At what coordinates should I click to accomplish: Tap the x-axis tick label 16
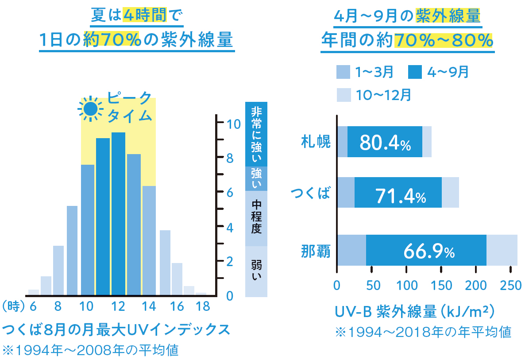coord(177,306)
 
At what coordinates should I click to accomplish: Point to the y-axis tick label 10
coord(233,124)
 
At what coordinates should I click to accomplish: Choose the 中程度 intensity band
coord(256,217)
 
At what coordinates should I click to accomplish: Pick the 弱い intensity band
coord(256,270)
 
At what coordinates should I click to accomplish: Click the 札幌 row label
coord(316,142)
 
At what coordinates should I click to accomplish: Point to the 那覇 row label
coord(316,251)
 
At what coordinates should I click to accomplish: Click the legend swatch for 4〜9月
coord(415,72)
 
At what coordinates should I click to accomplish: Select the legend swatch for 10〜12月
coord(344,94)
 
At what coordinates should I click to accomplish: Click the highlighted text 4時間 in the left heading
coord(144,16)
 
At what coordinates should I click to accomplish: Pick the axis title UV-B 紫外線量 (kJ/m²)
coord(414,312)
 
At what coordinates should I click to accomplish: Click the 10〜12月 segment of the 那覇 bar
coord(502,250)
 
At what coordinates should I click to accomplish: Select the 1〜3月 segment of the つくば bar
coord(346,193)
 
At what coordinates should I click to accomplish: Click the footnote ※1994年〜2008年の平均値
coord(90,350)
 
